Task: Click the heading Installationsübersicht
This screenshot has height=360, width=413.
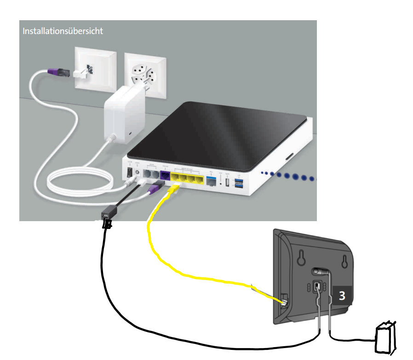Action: pyautogui.click(x=63, y=31)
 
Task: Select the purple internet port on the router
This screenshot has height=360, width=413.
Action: pyautogui.click(x=164, y=175)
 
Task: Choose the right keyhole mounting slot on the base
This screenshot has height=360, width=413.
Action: pyautogui.click(x=344, y=261)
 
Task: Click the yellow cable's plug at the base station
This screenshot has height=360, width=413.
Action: pyautogui.click(x=283, y=302)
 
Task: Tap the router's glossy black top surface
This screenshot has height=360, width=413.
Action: pyautogui.click(x=216, y=128)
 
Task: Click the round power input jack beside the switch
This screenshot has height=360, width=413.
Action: pyautogui.click(x=137, y=173)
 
